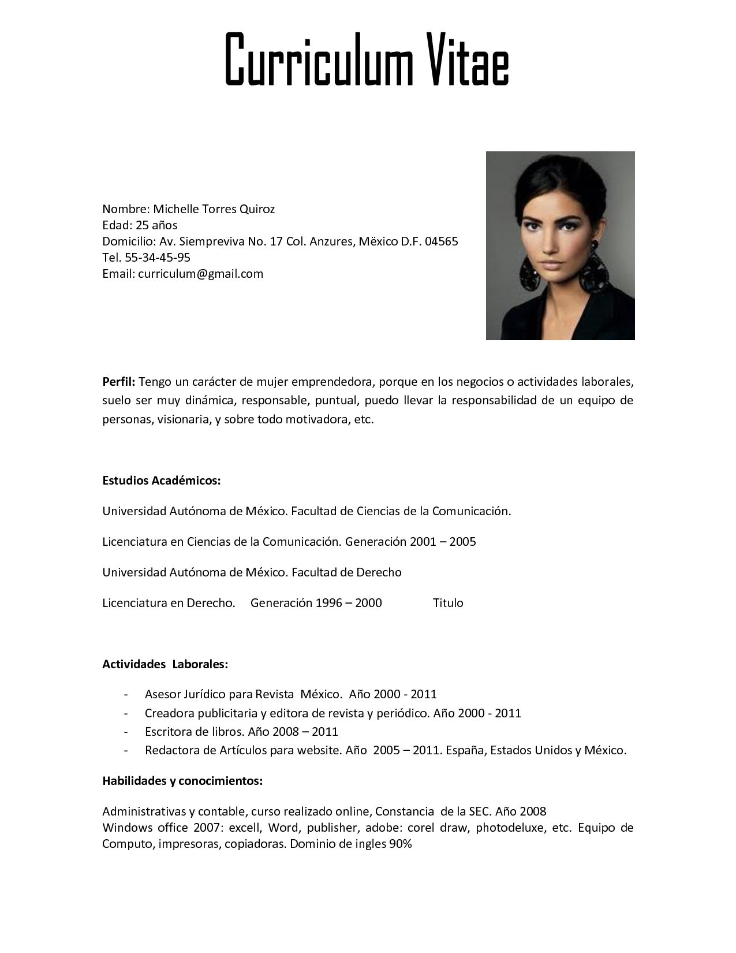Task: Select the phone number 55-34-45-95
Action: pos(158,258)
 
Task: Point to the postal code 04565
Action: pos(441,241)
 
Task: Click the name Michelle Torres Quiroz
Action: pos(214,209)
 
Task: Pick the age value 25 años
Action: pos(156,225)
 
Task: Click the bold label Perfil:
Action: pos(119,382)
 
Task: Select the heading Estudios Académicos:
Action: pos(162,481)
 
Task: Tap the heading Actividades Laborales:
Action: pos(165,664)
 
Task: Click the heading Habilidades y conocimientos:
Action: pos(182,781)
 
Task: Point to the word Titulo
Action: pos(448,603)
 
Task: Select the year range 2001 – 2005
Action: pos(443,542)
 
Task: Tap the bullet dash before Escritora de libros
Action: pos(126,732)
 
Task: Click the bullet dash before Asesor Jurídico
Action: pos(126,694)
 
